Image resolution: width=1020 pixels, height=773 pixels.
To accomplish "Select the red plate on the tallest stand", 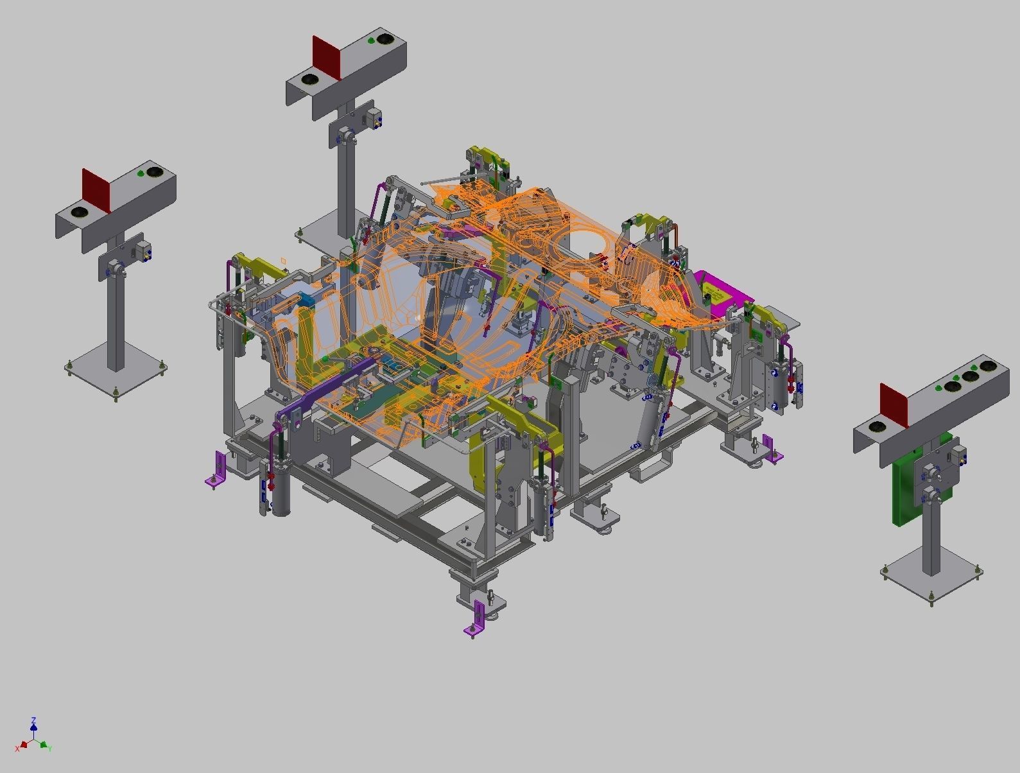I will coord(326,57).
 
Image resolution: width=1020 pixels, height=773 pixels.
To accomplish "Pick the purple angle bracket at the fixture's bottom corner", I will coord(476,619).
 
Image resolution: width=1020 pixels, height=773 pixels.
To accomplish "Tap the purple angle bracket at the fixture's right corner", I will coord(770,449).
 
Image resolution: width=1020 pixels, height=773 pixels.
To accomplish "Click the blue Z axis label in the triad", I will coord(33,720).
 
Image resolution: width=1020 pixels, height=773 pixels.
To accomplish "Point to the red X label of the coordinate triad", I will coord(18,749).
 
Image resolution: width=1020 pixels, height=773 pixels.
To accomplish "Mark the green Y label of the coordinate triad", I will coord(49,749).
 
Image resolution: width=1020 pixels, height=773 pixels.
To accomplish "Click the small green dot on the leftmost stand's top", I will coord(141,174).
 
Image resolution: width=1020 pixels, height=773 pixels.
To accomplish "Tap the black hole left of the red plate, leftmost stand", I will coord(80,212).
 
